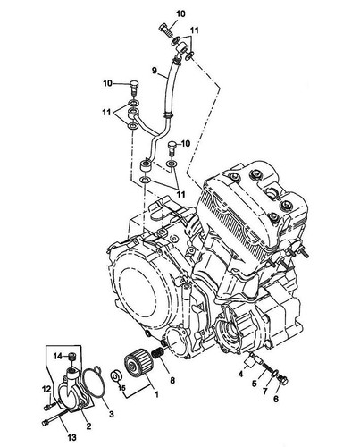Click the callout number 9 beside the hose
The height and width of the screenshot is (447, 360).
click(x=154, y=71)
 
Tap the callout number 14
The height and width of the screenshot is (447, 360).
click(x=58, y=356)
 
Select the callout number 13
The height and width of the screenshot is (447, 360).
click(x=71, y=437)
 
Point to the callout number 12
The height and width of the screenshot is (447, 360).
click(x=46, y=389)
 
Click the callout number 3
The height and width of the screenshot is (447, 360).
click(x=111, y=414)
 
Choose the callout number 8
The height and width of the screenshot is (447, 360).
click(x=172, y=380)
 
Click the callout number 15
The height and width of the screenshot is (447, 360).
click(x=121, y=388)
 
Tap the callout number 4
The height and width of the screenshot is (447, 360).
click(x=240, y=374)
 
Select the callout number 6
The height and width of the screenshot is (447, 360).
click(x=276, y=399)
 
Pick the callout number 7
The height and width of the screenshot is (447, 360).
click(x=265, y=391)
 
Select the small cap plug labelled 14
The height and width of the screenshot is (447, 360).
click(x=71, y=357)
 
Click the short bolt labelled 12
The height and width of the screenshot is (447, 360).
click(x=49, y=406)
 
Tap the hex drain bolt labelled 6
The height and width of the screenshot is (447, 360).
click(x=281, y=380)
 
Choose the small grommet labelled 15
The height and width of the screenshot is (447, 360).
click(x=115, y=375)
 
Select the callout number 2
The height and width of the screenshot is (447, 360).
click(x=88, y=426)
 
